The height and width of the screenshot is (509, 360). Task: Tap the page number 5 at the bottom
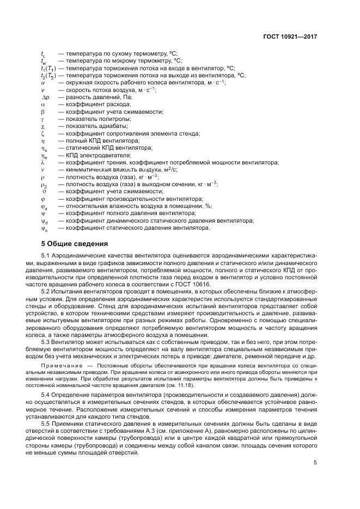(315, 464)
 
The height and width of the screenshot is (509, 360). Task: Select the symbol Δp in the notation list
(45, 96)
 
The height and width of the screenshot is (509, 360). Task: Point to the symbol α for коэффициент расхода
(43, 103)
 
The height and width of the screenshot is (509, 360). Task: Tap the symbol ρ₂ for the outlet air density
(44, 185)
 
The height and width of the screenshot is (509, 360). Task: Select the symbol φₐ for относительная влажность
(44, 206)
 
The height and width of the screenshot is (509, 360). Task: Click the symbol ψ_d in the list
(44, 221)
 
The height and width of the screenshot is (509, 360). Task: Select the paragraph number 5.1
(45, 255)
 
